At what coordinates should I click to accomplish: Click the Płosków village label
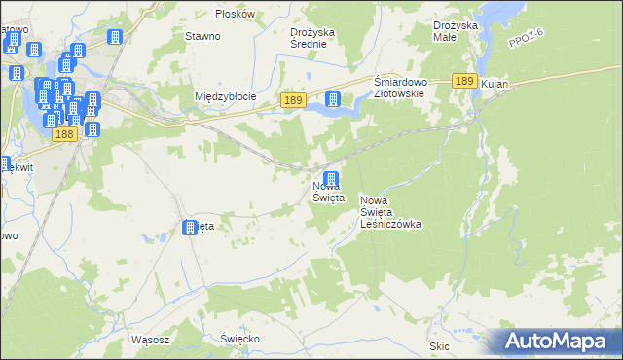[x=236, y=14]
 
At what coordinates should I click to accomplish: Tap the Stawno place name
[x=202, y=36]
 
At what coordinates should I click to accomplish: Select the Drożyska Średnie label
[x=312, y=37]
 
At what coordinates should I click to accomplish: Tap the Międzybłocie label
[x=225, y=96]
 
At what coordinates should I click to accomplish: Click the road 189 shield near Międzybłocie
[x=294, y=100]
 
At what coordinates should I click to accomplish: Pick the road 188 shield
[x=64, y=134]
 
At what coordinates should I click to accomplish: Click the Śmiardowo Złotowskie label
[x=399, y=88]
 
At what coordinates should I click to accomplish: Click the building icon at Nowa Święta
[x=331, y=180]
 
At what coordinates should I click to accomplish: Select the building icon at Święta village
[x=190, y=228]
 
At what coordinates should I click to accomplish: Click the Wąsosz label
[x=150, y=341]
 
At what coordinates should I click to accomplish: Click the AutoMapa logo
[x=556, y=341]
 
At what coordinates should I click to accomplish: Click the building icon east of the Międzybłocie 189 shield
[x=333, y=99]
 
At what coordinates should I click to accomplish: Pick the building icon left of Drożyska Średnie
[x=114, y=38]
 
